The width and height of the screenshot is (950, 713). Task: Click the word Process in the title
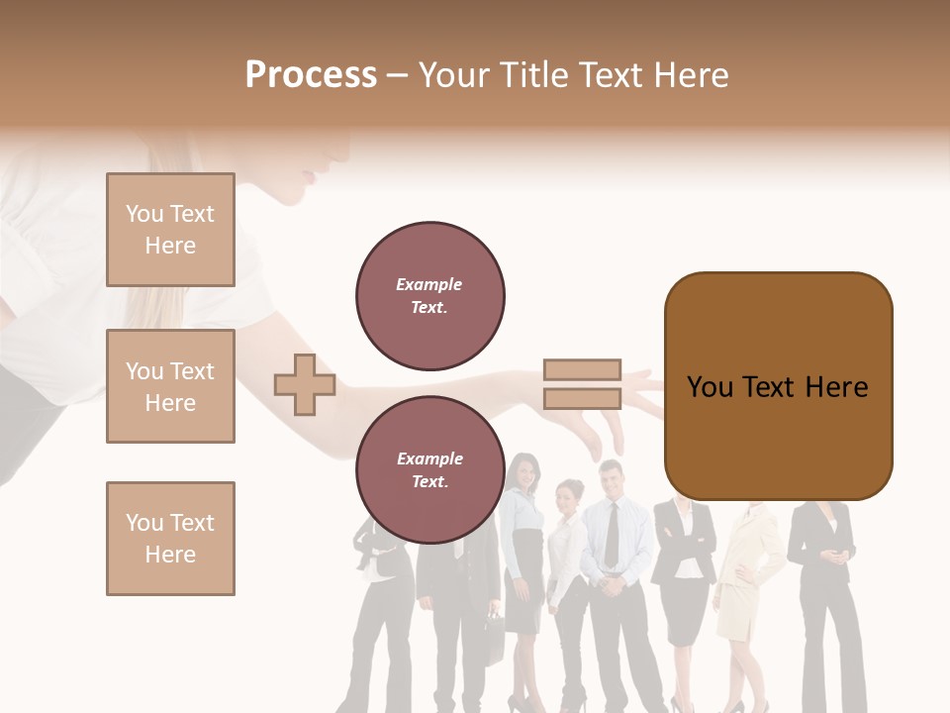click(311, 75)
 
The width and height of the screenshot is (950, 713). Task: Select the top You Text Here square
click(170, 230)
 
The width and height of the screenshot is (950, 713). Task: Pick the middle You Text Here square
click(170, 386)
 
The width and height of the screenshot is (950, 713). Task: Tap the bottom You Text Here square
click(170, 539)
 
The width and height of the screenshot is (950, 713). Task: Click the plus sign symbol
click(304, 384)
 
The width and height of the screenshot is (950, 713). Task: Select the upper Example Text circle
click(429, 295)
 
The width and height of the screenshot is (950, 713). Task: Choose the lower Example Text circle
click(429, 469)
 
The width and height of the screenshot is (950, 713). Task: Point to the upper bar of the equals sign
click(582, 370)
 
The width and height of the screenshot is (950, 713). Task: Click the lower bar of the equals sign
click(582, 398)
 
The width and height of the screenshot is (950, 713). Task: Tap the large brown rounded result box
click(778, 386)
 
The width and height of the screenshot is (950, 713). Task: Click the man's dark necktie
click(612, 535)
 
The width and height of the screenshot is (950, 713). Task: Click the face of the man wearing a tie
click(611, 480)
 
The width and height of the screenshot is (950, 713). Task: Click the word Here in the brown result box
click(837, 387)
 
